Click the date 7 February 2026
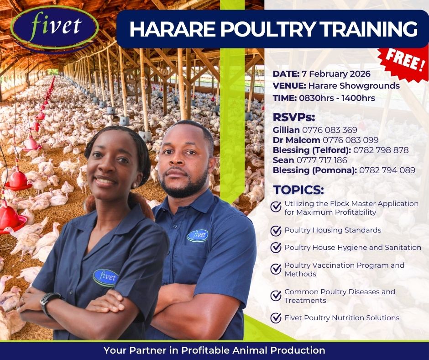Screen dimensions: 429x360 point(336,74)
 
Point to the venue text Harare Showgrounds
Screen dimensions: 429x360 point(354,86)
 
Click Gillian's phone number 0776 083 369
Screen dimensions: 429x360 point(330,130)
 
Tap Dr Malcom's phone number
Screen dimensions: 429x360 point(351,140)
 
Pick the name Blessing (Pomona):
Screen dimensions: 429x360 point(314,170)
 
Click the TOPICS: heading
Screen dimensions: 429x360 point(298,190)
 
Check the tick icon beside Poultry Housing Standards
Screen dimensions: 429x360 point(276,231)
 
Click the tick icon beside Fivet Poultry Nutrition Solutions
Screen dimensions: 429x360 point(276,318)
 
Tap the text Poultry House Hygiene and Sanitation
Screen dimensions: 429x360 point(353,248)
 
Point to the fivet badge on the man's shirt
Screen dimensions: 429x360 point(198,236)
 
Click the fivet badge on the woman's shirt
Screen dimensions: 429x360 point(105,277)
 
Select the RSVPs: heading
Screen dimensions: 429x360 point(294,117)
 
